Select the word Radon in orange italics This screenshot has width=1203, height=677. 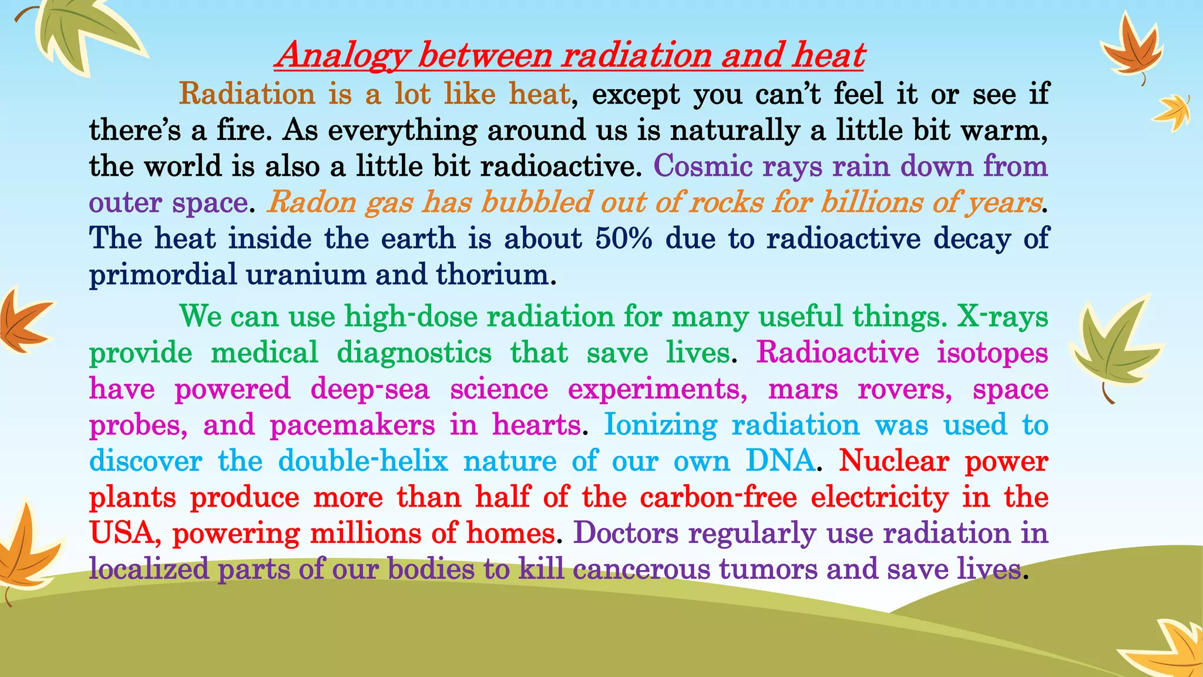(x=311, y=202)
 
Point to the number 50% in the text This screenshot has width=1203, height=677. (x=623, y=239)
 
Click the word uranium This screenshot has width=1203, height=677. (x=305, y=274)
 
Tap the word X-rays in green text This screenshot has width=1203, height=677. (x=1002, y=316)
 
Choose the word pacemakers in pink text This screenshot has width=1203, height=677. (x=352, y=425)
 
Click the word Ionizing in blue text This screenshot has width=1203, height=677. (x=660, y=425)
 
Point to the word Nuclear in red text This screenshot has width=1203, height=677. (x=893, y=461)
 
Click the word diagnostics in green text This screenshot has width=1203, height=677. (x=414, y=353)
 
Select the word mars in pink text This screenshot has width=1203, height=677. (x=803, y=389)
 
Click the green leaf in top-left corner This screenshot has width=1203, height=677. (x=82, y=32)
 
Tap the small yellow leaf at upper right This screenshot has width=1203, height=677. (x=1173, y=112)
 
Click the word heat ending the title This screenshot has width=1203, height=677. (x=828, y=56)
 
